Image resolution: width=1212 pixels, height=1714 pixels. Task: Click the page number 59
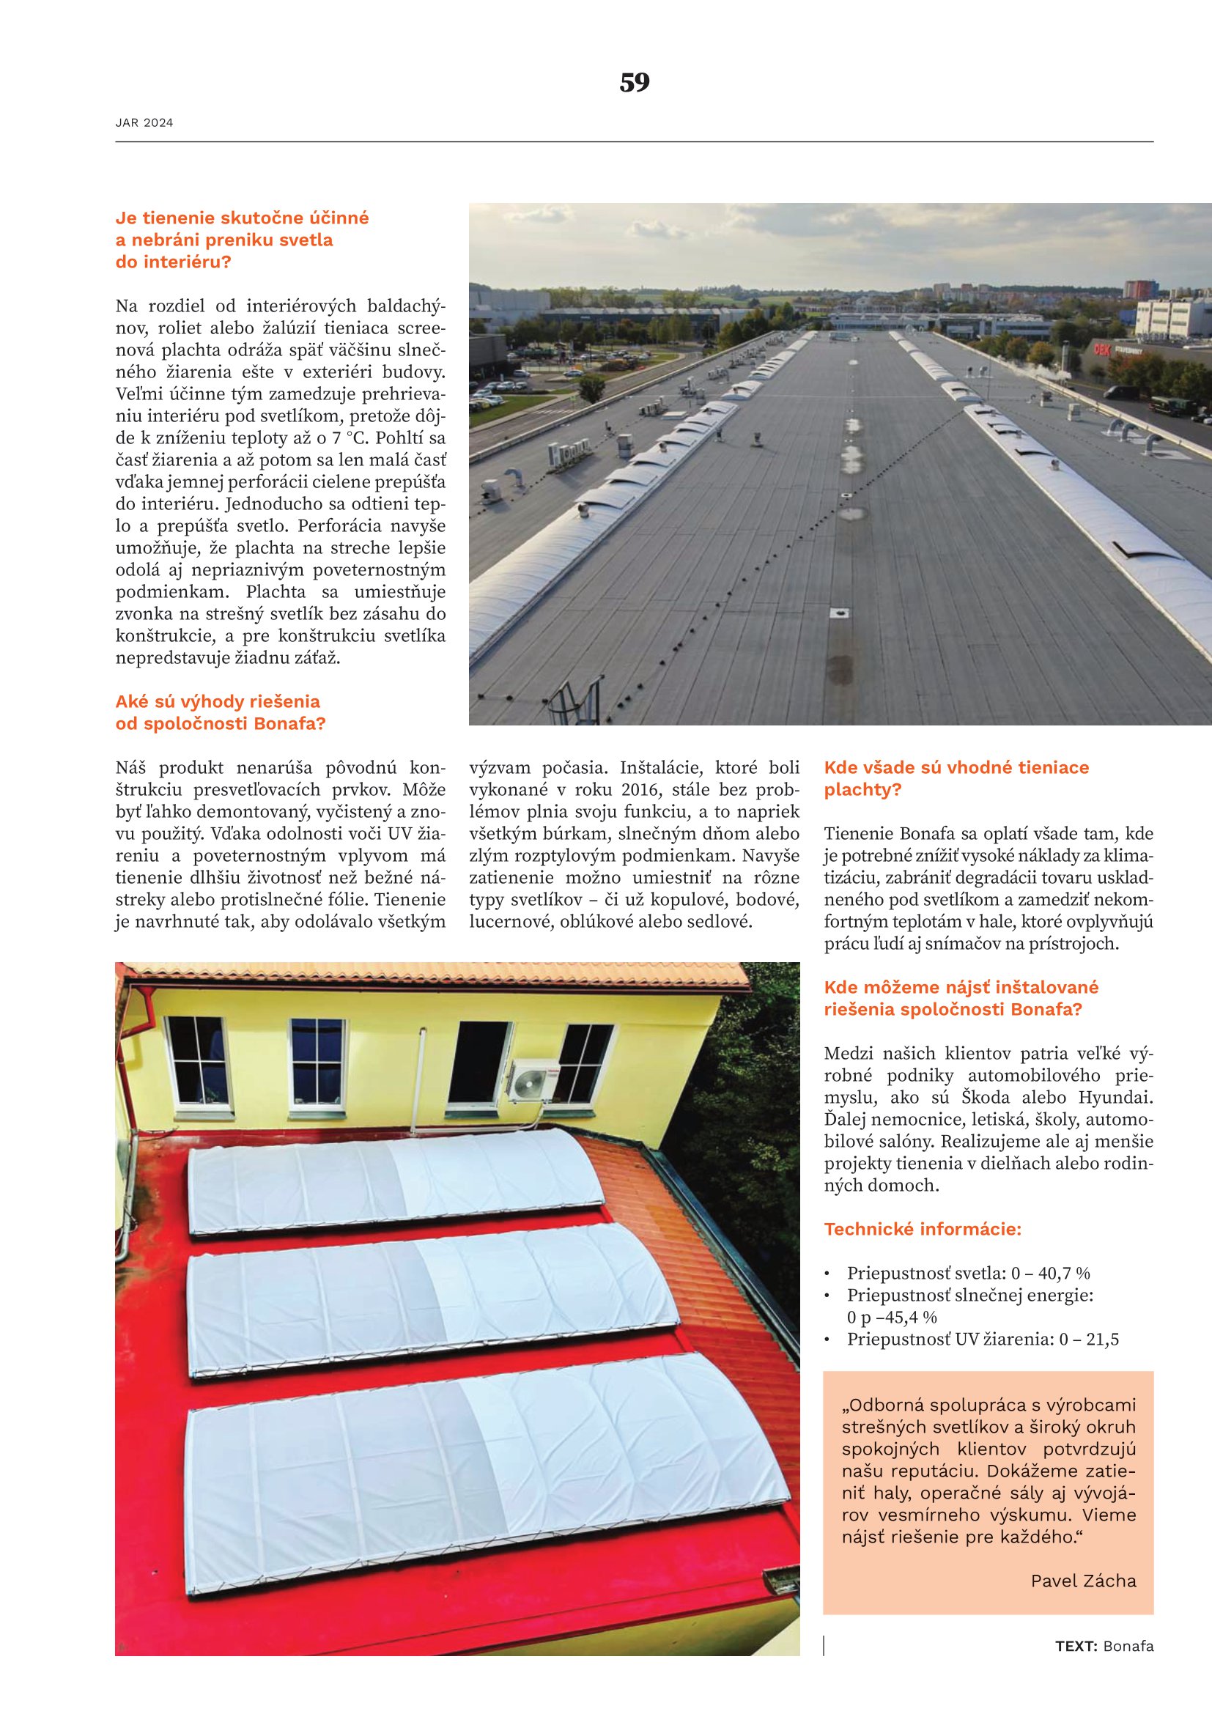635,82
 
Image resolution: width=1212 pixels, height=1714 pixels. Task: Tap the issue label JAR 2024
144,123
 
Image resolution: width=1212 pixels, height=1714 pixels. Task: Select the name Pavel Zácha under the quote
1083,1581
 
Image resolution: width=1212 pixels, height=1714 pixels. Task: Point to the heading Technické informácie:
922,1229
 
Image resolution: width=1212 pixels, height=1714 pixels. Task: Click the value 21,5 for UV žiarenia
1102,1340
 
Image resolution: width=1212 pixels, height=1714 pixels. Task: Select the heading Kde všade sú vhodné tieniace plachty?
956,778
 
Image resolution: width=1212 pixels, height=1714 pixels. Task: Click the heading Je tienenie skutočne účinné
242,218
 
